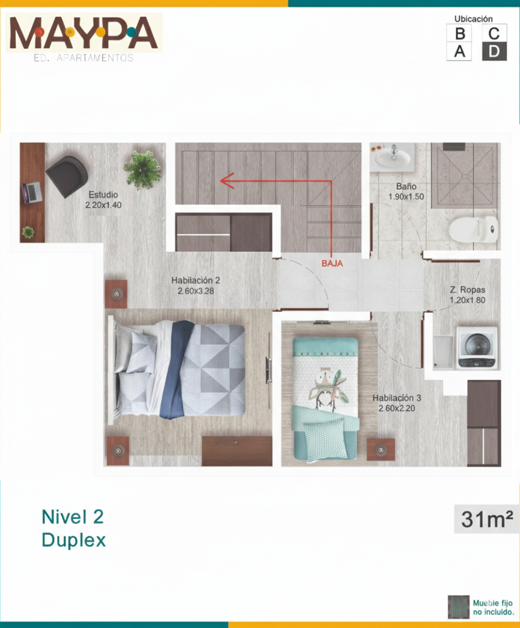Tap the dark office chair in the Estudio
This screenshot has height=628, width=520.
coord(67,176)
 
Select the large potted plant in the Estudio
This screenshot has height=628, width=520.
coord(143,169)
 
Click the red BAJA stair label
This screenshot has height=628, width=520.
coord(332,263)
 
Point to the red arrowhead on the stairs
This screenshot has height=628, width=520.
coord(227,181)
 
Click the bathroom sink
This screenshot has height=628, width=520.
coord(392,157)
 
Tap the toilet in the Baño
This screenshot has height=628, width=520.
coord(473,229)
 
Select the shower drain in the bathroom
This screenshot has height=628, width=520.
coord(465,176)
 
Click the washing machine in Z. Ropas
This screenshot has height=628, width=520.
coord(477,348)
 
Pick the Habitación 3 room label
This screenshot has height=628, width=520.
coord(397,398)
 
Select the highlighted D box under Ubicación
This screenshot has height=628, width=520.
coord(494,51)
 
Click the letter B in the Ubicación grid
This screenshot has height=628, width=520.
coord(460,33)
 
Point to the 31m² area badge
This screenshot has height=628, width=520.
coord(486,519)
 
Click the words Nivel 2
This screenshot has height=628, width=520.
coord(73,517)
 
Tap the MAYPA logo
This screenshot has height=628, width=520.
coord(84,34)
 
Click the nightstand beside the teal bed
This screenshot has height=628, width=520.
coord(380,449)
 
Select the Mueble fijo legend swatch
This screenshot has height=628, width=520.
coord(458,606)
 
